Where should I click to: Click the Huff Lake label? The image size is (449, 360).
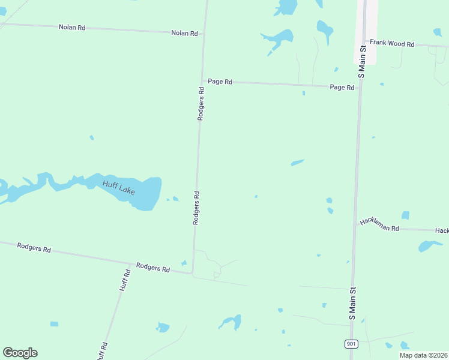[x=119, y=187]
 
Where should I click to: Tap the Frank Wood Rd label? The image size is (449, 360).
[x=392, y=43]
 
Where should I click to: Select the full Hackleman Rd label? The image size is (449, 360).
[x=379, y=225]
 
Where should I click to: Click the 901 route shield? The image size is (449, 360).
[x=352, y=343]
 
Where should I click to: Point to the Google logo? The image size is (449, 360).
[x=20, y=353]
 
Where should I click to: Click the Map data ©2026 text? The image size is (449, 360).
[x=423, y=355]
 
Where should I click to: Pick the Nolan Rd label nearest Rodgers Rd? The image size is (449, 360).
[x=184, y=34]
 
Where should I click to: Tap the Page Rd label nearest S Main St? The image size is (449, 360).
[x=342, y=87]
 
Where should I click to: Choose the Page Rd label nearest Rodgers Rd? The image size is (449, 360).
[x=220, y=82]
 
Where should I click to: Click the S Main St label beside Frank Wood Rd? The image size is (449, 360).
[x=361, y=62]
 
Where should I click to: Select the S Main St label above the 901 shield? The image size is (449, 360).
[x=353, y=302]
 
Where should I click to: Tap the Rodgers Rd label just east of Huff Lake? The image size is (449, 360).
[x=196, y=208]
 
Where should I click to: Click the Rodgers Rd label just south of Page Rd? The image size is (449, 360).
[x=202, y=104]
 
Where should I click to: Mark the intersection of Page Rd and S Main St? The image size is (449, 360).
[x=359, y=88]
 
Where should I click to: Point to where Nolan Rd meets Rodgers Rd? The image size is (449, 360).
[x=203, y=34]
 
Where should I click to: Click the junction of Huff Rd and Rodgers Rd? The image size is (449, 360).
[x=130, y=264]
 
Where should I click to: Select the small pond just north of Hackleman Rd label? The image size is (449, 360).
[x=405, y=215]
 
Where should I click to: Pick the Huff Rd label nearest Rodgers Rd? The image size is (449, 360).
[x=125, y=280]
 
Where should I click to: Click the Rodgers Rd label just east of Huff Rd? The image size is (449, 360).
[x=152, y=267]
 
